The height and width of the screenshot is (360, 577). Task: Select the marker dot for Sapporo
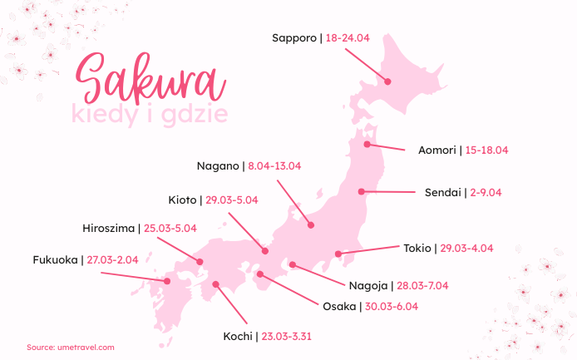point(387,81)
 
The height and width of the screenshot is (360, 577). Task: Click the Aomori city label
point(437,150)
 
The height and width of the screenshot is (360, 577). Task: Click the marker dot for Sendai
point(362,191)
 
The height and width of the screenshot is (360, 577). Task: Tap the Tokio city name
point(417,248)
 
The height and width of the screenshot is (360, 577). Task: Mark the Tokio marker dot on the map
point(338,254)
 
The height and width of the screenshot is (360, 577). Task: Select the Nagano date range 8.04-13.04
point(274,165)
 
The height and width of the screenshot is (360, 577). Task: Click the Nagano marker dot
point(310,224)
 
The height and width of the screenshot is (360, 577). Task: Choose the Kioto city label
point(182,200)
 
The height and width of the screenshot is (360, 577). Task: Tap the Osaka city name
point(338,306)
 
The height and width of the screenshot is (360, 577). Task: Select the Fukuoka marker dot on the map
point(167,280)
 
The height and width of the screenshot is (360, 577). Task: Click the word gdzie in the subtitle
point(196,113)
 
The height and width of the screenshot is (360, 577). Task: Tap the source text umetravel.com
point(85,347)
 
